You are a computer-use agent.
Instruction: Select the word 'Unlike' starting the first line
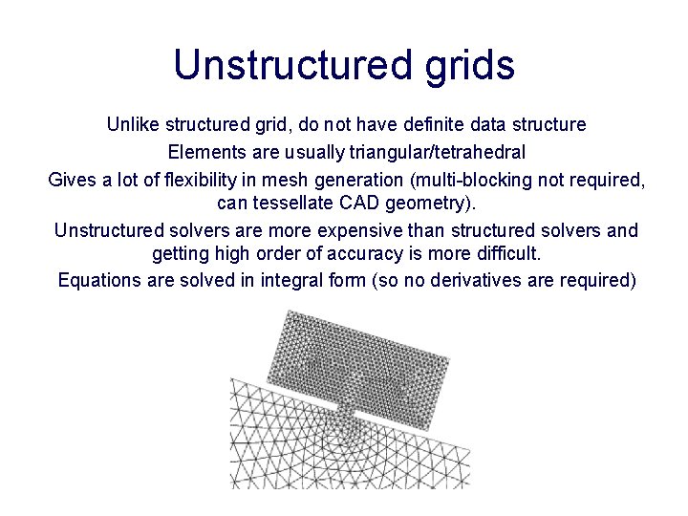(x=132, y=125)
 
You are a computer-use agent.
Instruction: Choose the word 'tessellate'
(x=290, y=204)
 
